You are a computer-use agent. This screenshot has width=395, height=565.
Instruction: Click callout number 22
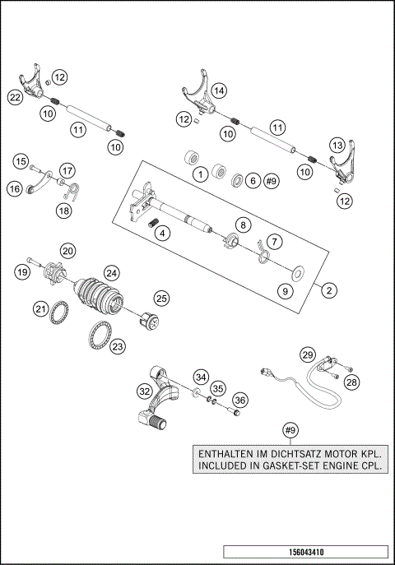15,97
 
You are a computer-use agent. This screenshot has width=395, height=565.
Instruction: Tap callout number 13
336,144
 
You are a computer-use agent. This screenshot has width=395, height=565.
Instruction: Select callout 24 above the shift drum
110,272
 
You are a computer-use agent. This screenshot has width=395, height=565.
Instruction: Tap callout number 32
144,391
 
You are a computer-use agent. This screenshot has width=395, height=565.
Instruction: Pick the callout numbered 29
307,354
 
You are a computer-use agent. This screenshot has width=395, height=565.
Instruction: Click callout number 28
352,382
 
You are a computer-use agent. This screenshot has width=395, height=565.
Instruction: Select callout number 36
239,400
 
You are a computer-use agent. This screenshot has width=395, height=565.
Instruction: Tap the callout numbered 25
161,298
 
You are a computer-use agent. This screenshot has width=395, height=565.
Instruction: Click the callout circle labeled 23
118,347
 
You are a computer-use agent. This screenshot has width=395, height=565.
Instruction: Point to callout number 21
40,308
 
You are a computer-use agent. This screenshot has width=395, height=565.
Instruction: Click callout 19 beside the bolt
22,271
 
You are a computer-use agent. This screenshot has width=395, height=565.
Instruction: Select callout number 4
163,234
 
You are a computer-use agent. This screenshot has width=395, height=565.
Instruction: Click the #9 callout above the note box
289,431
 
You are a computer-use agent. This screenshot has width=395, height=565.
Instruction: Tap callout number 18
64,211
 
